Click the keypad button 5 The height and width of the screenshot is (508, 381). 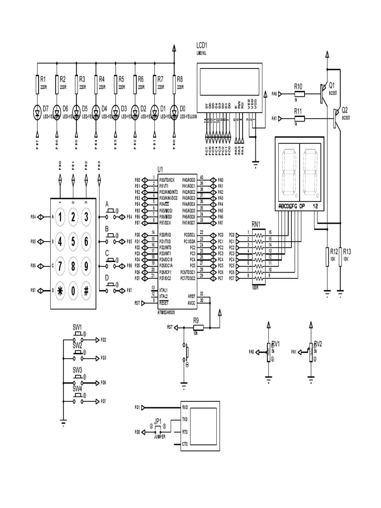tap(73, 242)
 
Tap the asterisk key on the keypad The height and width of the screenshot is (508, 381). tap(61, 291)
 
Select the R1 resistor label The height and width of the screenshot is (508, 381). tap(43, 78)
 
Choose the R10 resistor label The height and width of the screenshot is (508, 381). tap(299, 85)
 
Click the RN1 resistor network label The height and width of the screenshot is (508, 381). tap(256, 225)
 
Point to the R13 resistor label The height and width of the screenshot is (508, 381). tap(347, 252)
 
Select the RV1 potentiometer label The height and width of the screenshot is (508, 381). tap(276, 343)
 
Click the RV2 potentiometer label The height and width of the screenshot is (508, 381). tap(318, 343)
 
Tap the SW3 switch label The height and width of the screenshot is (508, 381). tap(77, 370)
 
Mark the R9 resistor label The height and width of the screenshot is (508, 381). tap(196, 320)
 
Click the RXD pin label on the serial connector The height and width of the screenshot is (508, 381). tap(185, 407)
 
